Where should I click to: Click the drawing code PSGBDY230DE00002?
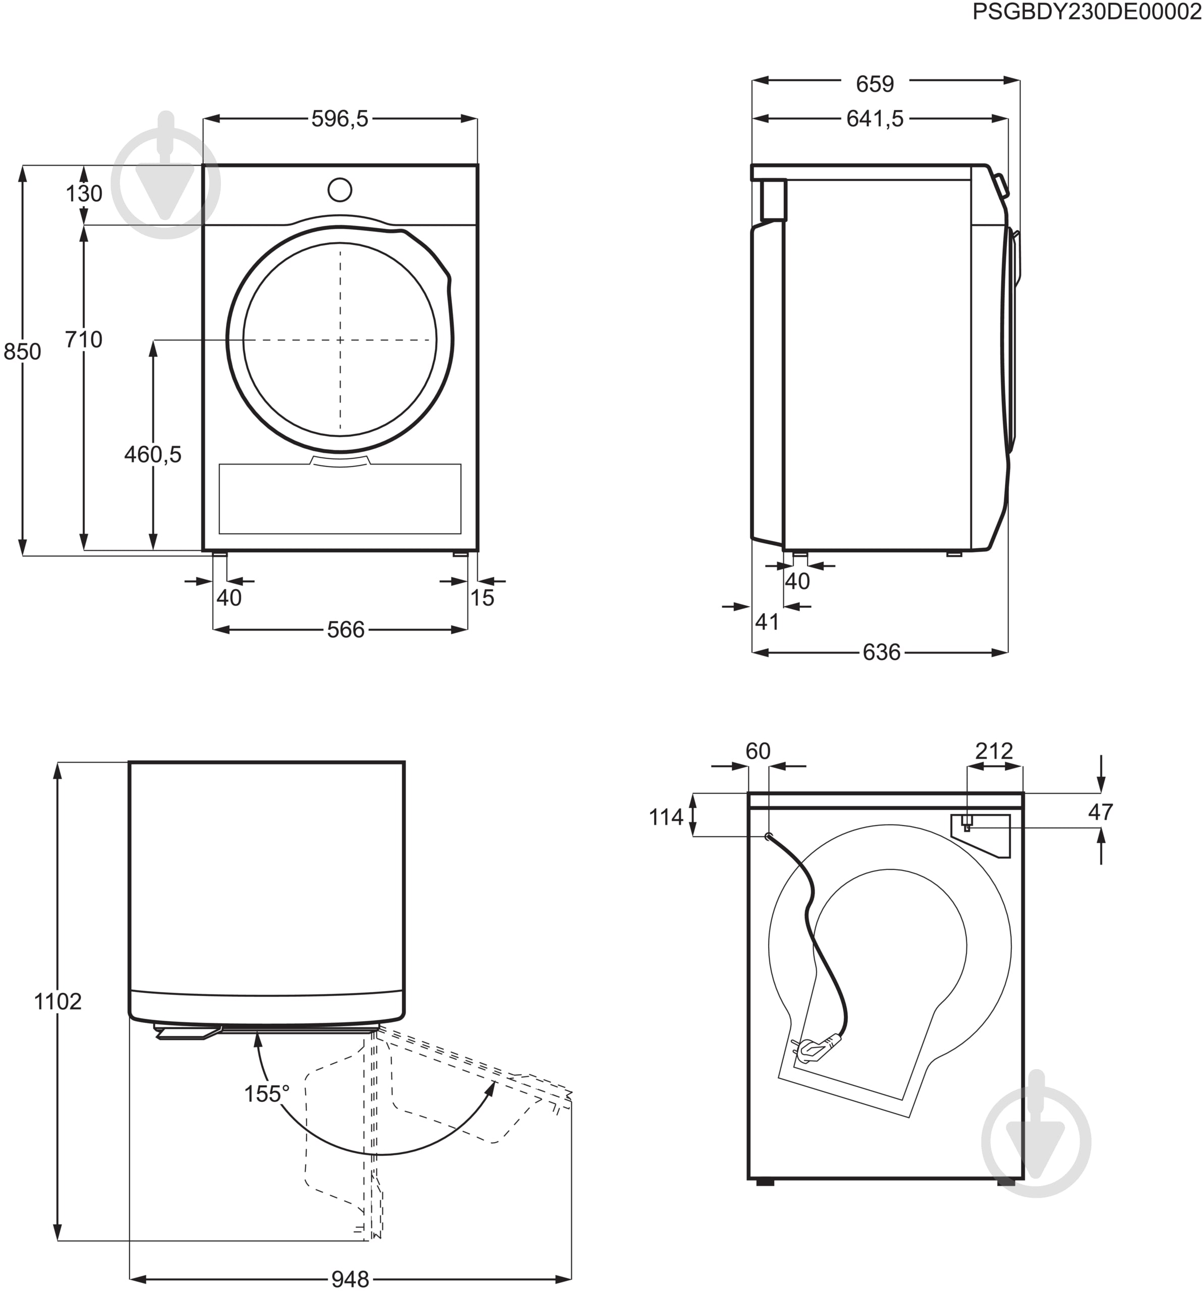coord(1086,12)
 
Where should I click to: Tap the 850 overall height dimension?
coord(22,351)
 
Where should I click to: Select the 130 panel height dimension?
coord(84,194)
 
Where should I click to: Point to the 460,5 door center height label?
coord(153,454)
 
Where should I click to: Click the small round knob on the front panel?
coord(340,190)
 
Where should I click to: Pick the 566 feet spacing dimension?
coord(346,629)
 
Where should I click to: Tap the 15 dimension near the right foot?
coord(482,598)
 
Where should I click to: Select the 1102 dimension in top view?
coord(58,1002)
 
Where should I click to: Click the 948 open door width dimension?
coord(350,1279)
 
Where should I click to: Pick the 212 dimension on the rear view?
coord(994,751)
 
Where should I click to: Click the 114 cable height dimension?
coord(666,817)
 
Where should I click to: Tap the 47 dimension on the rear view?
coord(1101,812)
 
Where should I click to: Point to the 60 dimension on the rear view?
coord(758,751)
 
